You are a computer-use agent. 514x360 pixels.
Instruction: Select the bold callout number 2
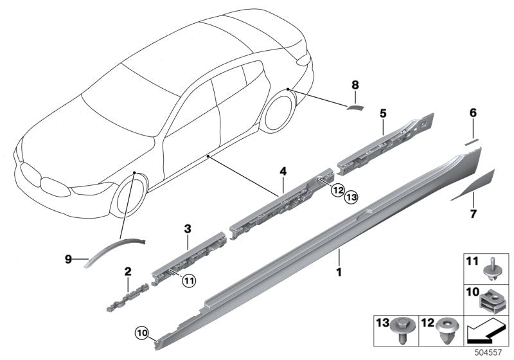(x=128, y=271)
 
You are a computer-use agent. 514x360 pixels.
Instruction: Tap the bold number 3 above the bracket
(x=188, y=228)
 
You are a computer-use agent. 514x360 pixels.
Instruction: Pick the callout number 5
(x=383, y=113)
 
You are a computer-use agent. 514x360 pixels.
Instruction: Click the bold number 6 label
(x=473, y=113)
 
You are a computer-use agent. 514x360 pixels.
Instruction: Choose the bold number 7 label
(x=473, y=214)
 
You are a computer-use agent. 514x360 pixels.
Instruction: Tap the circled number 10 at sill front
(x=141, y=332)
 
